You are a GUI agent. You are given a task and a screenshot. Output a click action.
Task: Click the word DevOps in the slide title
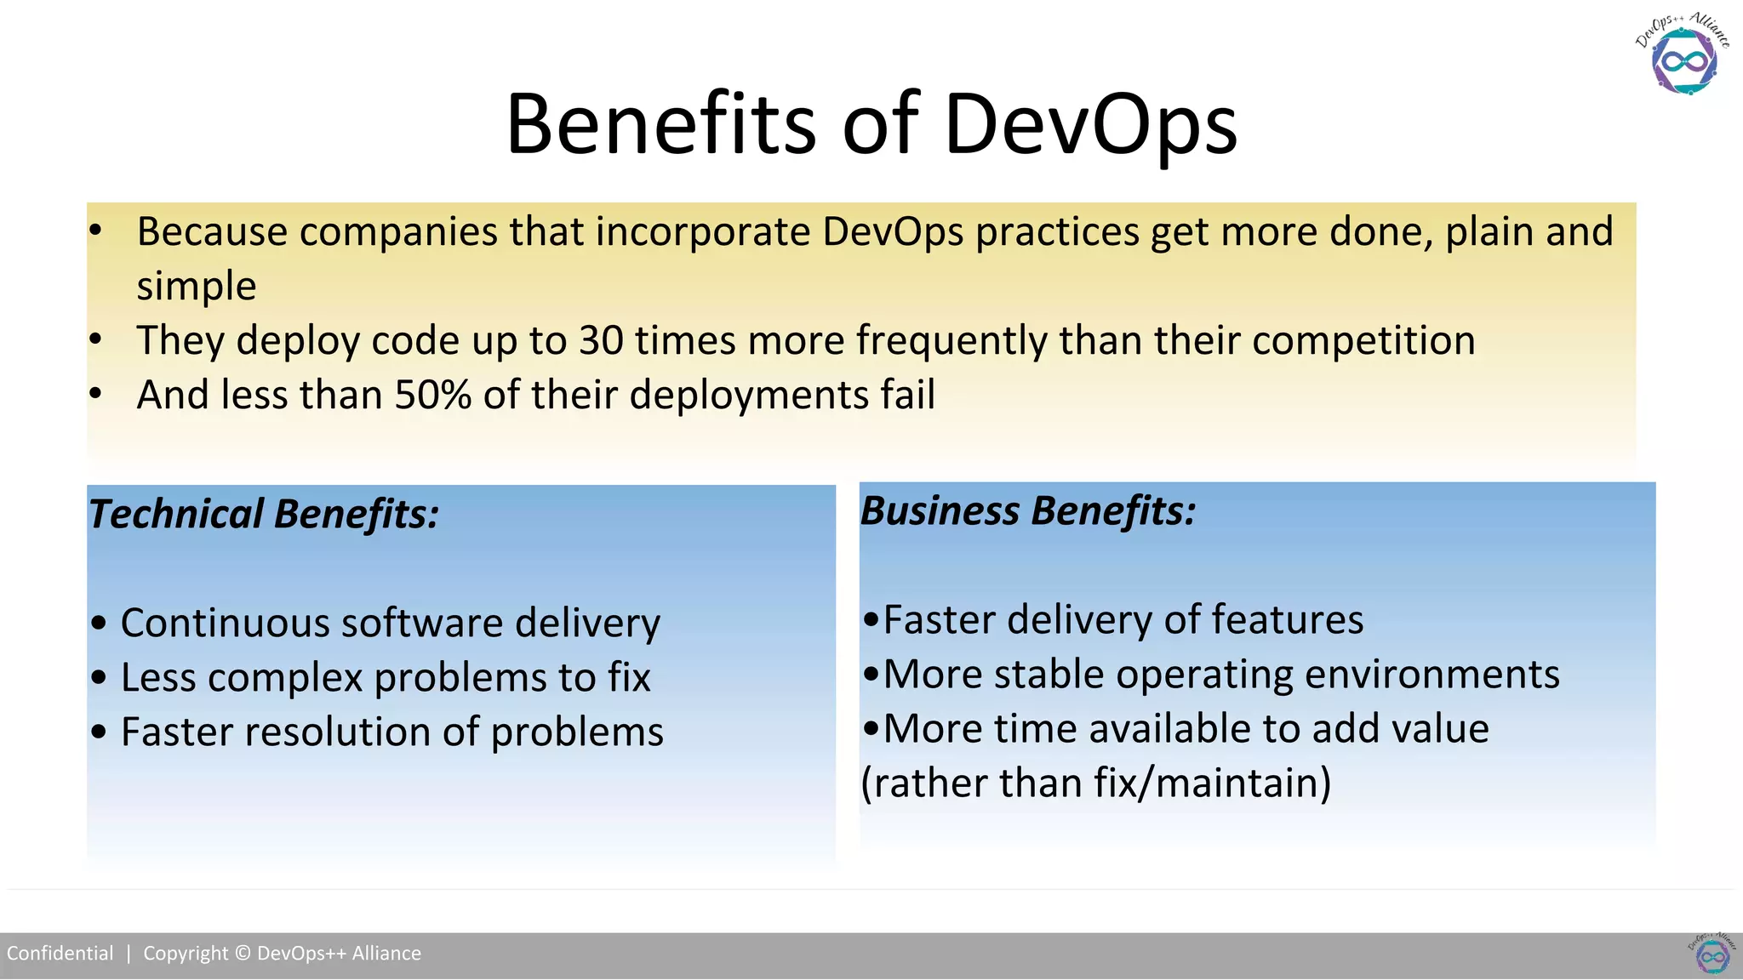(1090, 125)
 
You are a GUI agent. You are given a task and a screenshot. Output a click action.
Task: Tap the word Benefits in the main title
(660, 125)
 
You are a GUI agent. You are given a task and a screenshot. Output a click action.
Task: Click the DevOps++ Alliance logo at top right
(1683, 56)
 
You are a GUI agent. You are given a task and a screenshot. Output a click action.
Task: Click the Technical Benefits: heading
(264, 514)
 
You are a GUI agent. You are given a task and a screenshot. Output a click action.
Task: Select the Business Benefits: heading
(1028, 510)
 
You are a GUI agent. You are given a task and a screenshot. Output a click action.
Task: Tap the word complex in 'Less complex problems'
(285, 679)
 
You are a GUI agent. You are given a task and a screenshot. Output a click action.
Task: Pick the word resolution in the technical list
(336, 732)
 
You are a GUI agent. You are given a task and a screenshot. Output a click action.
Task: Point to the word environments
(1432, 674)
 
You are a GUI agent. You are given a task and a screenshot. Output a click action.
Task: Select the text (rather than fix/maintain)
(1096, 783)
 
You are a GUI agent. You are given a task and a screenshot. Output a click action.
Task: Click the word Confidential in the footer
(60, 953)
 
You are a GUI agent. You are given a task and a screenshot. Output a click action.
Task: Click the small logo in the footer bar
(1712, 954)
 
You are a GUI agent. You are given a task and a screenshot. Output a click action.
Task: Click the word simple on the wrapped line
(197, 286)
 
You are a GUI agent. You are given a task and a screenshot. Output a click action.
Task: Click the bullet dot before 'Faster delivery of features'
(871, 620)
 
